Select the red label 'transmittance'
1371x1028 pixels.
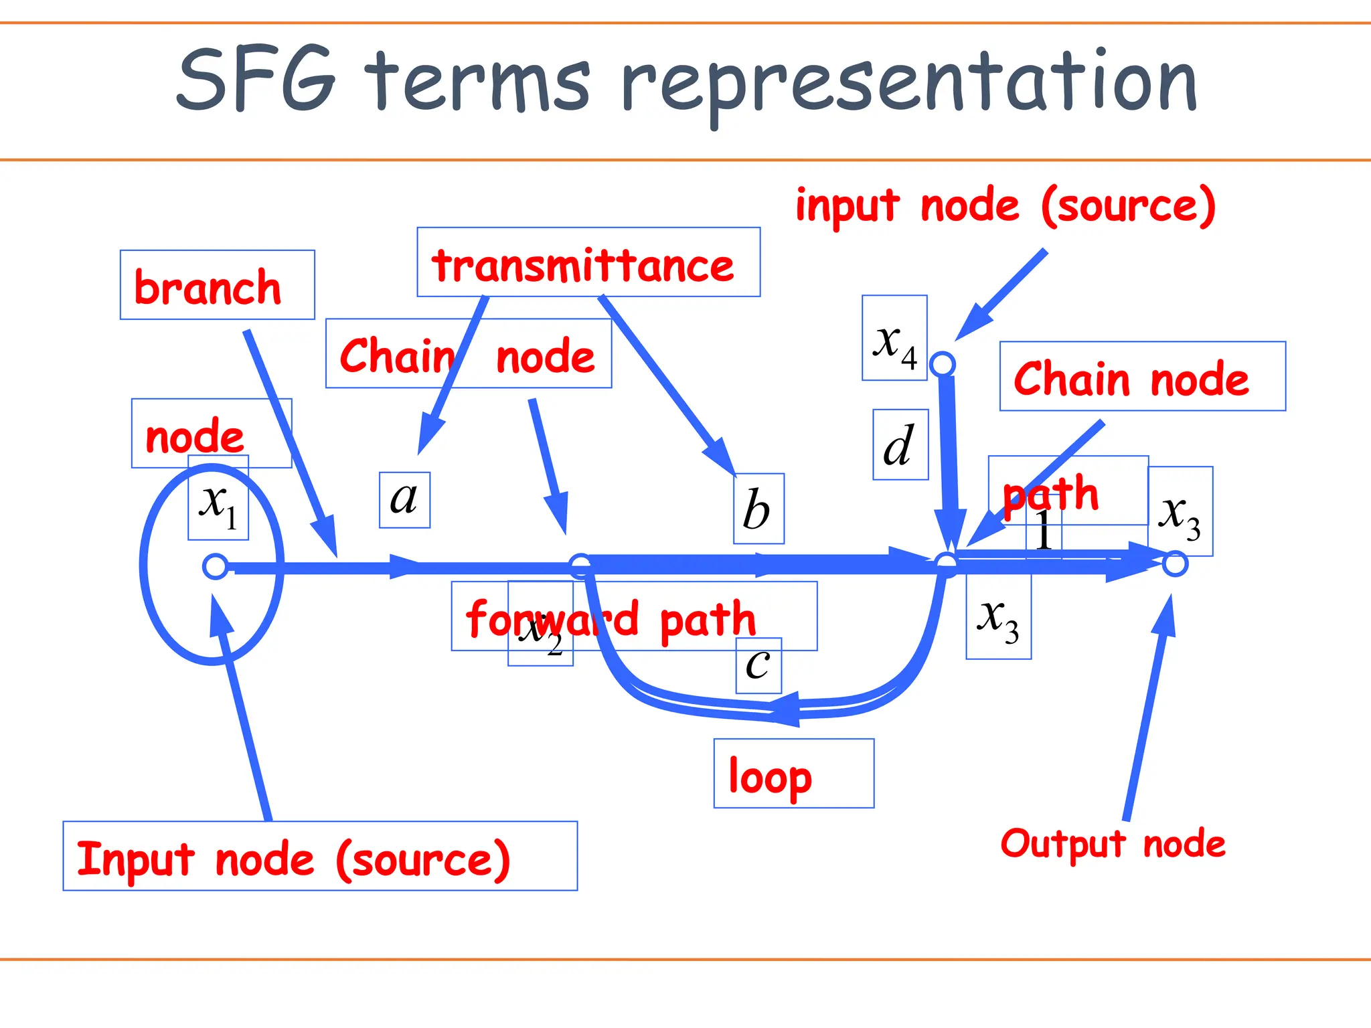582,265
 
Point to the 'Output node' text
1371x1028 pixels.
1113,843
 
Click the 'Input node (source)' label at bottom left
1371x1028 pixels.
293,859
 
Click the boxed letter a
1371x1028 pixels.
404,499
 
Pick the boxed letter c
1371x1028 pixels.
758,665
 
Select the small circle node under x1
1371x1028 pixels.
215,566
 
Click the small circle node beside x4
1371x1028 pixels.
943,364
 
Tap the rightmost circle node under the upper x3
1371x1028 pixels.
1175,564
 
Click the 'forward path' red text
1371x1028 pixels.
611,618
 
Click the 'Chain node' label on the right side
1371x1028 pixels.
1131,379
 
